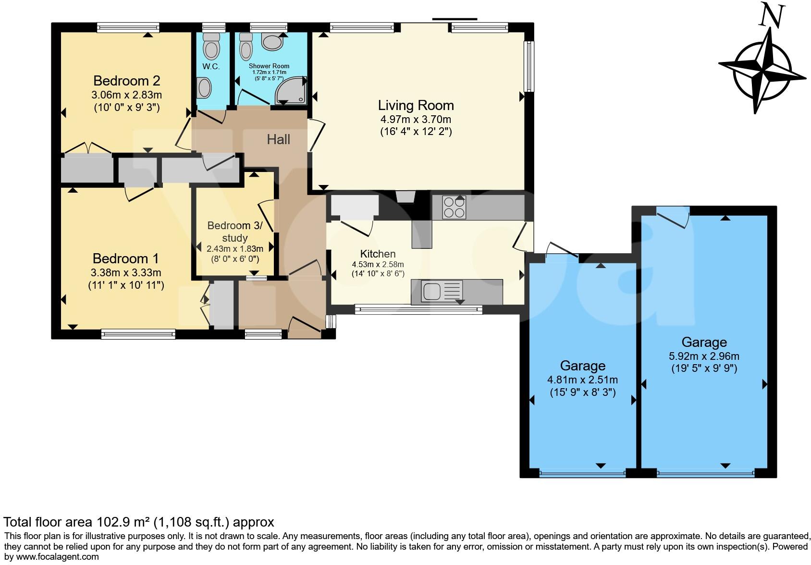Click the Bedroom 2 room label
click(x=126, y=80)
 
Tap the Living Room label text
click(x=416, y=105)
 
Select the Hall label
click(x=278, y=139)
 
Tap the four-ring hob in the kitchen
click(x=454, y=208)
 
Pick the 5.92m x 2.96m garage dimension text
click(x=704, y=356)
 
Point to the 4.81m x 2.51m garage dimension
click(x=582, y=380)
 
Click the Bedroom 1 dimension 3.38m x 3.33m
click(x=126, y=273)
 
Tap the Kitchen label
click(x=378, y=254)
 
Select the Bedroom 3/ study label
click(x=234, y=232)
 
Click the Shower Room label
click(x=269, y=66)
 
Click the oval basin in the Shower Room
click(x=272, y=42)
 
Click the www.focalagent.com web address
click(x=57, y=557)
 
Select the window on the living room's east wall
click(x=529, y=66)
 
